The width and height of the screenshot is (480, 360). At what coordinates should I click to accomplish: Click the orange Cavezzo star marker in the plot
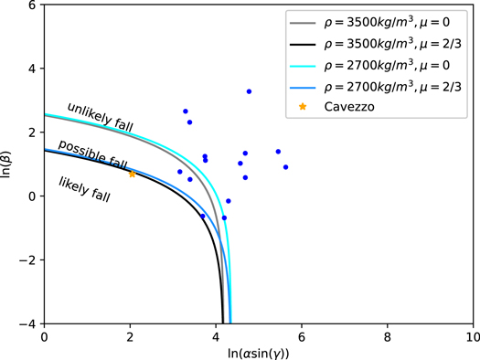132,174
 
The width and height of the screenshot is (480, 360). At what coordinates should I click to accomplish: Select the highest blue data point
249,91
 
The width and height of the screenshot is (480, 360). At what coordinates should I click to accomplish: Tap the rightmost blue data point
285,167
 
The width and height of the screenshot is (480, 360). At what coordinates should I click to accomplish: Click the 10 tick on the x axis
472,335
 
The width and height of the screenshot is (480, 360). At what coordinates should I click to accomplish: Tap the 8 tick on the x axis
387,335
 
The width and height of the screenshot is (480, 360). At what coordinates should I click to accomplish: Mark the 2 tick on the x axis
130,335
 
